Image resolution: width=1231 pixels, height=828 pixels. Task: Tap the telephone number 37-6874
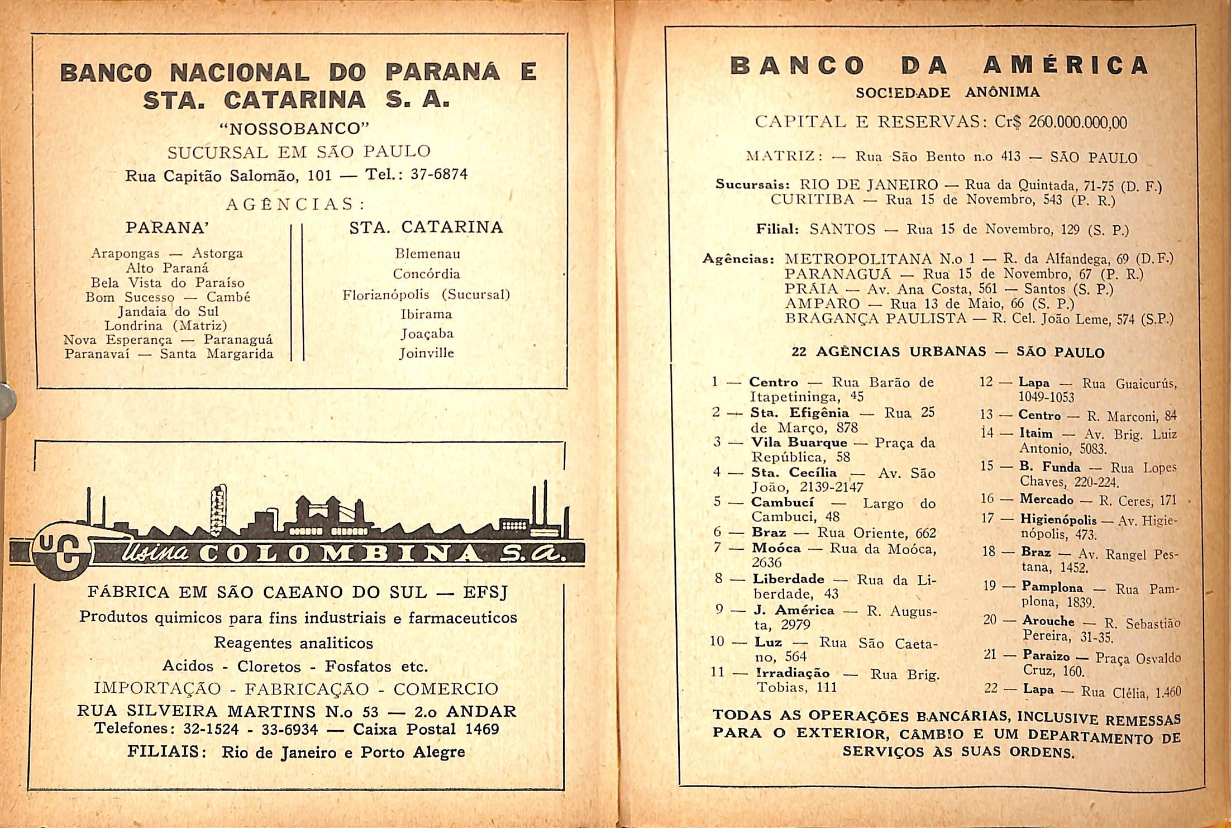click(439, 174)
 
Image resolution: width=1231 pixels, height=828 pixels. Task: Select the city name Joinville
click(427, 353)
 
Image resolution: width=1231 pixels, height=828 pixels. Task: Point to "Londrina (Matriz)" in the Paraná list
click(166, 325)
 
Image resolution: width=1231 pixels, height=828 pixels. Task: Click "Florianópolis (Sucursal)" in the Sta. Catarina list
click(426, 294)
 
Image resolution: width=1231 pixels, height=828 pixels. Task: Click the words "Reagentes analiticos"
click(293, 643)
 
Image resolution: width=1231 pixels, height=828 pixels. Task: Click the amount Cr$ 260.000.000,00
click(1061, 122)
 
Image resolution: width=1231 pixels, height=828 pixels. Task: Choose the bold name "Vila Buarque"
click(799, 442)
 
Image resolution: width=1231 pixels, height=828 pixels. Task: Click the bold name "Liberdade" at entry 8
click(788, 579)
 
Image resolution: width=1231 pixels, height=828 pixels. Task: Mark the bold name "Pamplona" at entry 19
click(1052, 587)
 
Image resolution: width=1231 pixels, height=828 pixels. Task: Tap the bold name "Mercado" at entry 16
click(1047, 499)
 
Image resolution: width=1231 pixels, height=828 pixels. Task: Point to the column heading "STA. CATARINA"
click(426, 227)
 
